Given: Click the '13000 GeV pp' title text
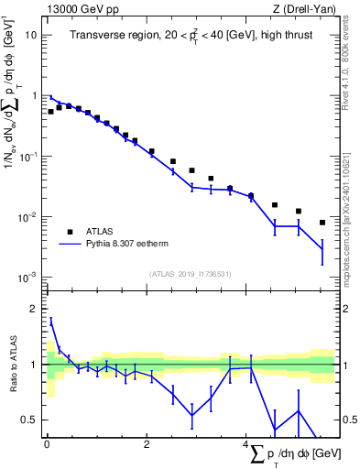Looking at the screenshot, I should pos(79,9).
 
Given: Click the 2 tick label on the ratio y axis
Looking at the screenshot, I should pos(35,310).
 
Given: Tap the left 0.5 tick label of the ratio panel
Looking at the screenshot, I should pos(30,420).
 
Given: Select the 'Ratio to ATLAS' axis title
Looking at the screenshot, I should pos(12,365).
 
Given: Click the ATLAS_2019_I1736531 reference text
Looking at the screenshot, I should pos(190,274).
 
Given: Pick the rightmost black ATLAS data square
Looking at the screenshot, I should pos(322,223).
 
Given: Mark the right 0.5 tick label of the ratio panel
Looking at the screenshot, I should pos(349,420).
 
